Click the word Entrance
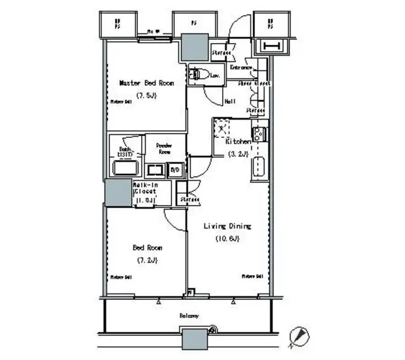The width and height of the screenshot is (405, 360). click(x=241, y=67)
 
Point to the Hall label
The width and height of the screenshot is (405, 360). click(x=230, y=101)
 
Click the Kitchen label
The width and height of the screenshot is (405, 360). click(x=239, y=142)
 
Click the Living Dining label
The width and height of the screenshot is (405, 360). click(x=227, y=226)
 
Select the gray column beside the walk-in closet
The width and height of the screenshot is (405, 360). click(x=118, y=192)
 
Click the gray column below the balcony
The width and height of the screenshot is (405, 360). click(x=194, y=339)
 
